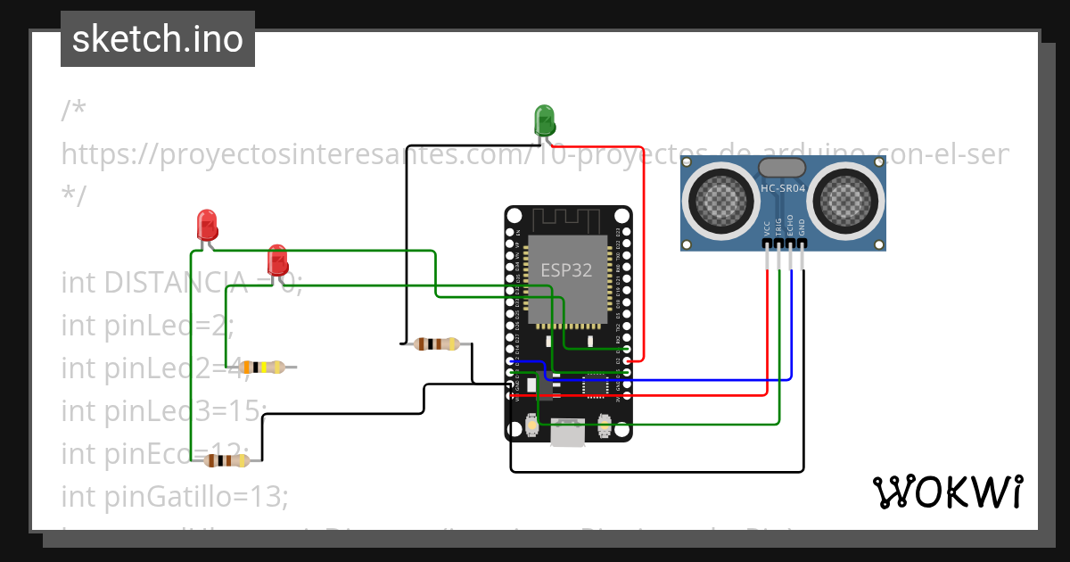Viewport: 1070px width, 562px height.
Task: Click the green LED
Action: click(x=544, y=120)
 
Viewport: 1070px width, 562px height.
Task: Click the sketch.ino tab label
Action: click(x=157, y=39)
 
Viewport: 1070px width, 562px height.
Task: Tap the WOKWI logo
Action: click(x=947, y=492)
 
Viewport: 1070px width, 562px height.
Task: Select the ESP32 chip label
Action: click(x=566, y=270)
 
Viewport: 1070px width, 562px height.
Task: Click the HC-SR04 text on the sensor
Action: click(x=783, y=188)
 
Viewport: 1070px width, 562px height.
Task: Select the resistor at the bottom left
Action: click(x=227, y=460)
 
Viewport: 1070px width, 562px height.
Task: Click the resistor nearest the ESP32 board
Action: click(x=437, y=343)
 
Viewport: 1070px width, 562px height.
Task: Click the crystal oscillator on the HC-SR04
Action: click(x=782, y=167)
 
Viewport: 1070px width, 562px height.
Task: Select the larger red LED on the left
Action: click(x=207, y=225)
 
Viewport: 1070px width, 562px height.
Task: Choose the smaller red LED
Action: click(x=277, y=260)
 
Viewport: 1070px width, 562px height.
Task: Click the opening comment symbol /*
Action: click(x=74, y=111)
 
